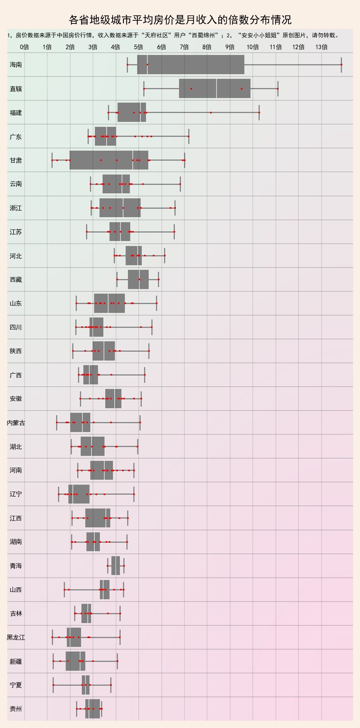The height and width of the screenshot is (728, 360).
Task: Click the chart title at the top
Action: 180,20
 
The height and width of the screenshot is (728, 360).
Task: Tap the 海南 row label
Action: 16,65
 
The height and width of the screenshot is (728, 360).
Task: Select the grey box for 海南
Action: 191,65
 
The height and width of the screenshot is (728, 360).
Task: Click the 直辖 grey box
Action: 215,88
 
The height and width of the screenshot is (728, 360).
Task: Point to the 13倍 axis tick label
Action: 322,47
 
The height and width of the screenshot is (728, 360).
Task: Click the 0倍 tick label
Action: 25,47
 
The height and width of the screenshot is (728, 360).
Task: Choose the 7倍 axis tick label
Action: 184,47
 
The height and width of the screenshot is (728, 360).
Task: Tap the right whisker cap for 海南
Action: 341,65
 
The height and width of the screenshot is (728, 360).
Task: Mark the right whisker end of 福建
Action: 259,112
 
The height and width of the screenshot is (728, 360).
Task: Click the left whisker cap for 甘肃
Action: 52,160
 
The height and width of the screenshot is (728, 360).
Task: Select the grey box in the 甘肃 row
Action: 109,160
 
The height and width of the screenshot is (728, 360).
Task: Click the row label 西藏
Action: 16,279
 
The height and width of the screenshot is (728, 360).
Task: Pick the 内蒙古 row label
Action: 16,423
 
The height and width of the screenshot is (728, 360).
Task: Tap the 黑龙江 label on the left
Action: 16,637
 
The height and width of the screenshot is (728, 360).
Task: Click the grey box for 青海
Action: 116,565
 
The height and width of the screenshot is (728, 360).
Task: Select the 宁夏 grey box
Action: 86,685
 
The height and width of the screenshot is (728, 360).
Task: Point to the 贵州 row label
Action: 16,709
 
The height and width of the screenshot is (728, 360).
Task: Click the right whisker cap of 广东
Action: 189,136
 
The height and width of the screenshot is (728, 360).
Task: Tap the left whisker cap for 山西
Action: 64,589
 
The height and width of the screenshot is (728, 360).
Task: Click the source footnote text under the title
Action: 173,35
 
